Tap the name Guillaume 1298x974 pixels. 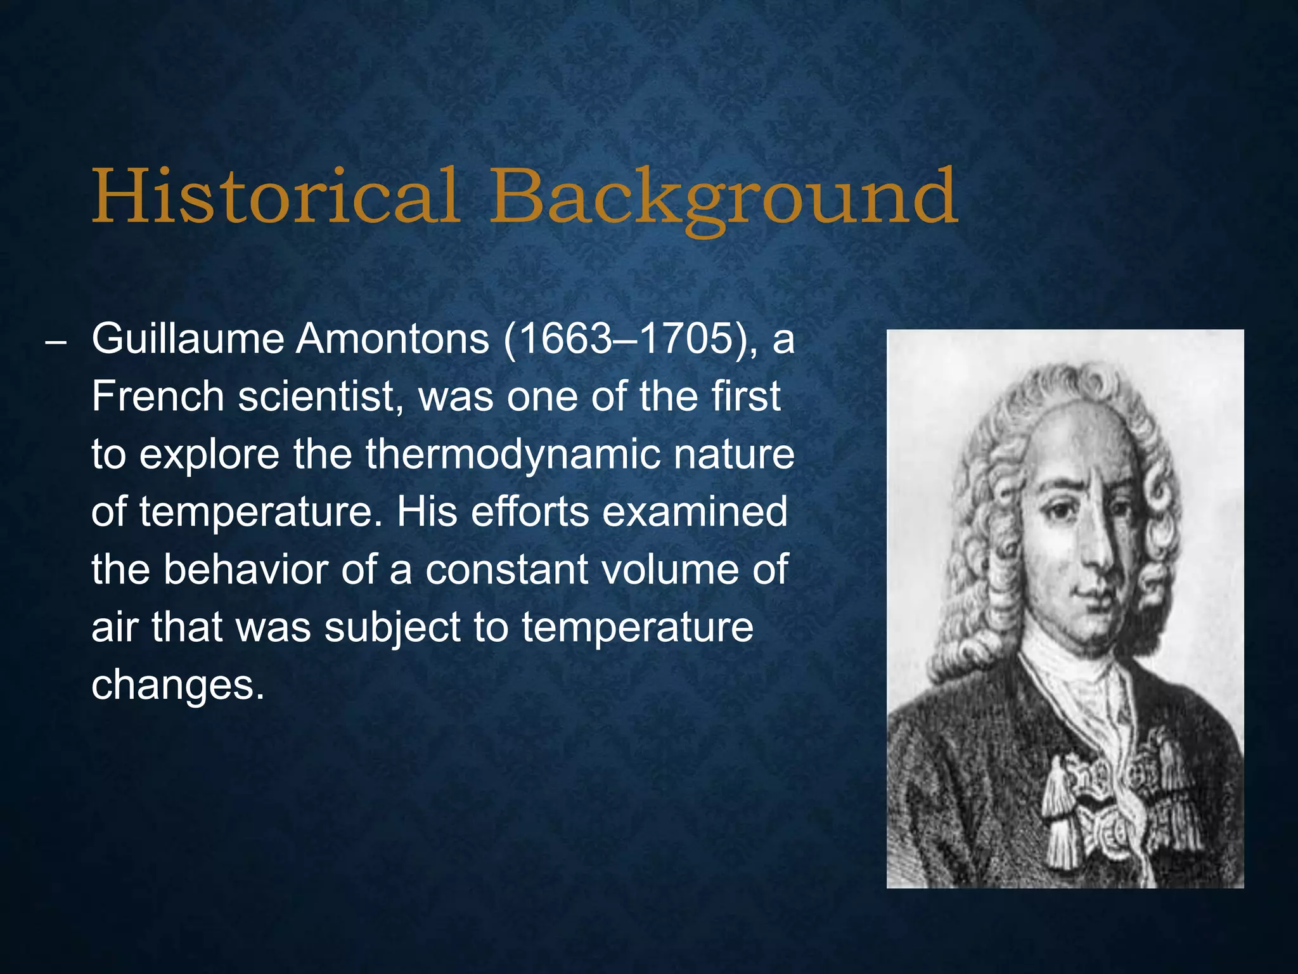tap(188, 339)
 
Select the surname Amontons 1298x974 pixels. tap(393, 339)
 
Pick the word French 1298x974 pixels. tap(158, 397)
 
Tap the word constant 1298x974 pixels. tap(506, 569)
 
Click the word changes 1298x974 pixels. tap(177, 685)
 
